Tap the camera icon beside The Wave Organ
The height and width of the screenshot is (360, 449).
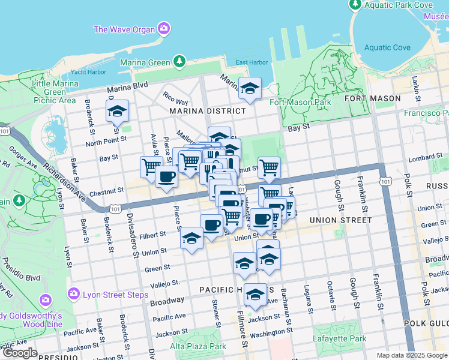163,29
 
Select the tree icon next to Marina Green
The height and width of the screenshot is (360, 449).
179,62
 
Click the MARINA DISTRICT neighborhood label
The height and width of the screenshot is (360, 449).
207,111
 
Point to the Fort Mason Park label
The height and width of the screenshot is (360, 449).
301,102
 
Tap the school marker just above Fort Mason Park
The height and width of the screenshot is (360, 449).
250,89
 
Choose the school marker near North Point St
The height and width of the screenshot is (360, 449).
118,111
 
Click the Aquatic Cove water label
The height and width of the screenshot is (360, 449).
387,48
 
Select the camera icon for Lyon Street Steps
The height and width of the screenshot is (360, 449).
74,294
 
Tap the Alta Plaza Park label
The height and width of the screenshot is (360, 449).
198,346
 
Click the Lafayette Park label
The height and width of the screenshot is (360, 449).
339,338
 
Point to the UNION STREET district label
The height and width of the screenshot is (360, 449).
340,220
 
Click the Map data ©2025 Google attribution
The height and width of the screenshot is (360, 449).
411,355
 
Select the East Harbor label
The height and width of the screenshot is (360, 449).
252,62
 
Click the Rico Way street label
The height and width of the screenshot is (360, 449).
175,98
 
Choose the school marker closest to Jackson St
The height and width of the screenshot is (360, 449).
256,295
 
